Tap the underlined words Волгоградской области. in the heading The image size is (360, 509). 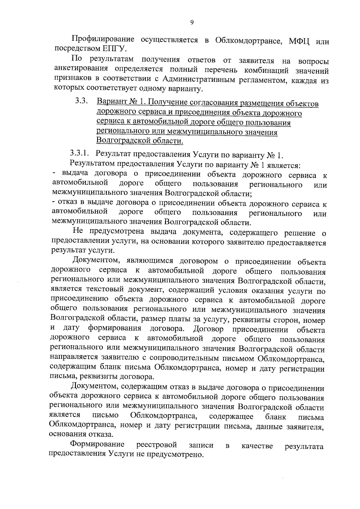click(139, 141)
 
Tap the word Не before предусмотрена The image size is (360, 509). click(77, 231)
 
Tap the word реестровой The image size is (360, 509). click(157, 445)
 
